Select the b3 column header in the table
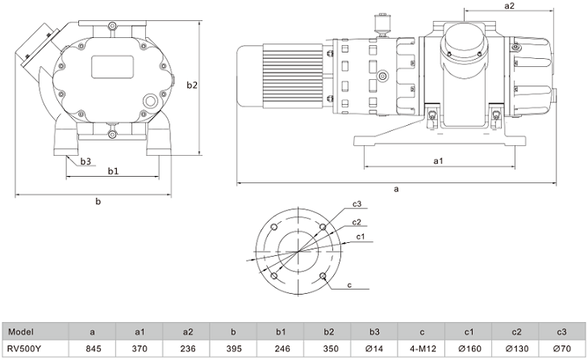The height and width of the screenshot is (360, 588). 375,331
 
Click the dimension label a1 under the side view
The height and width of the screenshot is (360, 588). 438,161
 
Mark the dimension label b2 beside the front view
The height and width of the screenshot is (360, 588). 191,85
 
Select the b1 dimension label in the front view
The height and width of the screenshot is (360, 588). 113,170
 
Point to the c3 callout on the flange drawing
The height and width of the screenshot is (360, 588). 356,203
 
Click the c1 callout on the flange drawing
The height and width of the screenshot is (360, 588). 361,237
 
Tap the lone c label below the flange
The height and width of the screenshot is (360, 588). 349,285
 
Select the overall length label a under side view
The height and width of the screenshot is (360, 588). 396,189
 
